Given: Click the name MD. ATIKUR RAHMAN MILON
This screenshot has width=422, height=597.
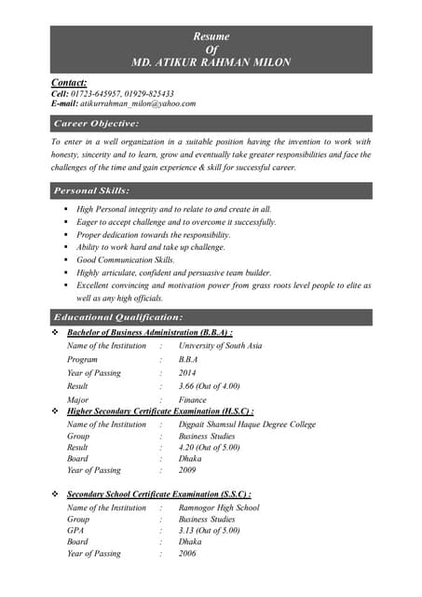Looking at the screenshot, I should [211, 62].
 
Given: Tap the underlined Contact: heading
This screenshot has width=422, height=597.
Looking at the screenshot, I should [69, 83].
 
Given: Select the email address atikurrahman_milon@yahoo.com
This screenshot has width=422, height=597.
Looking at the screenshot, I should [137, 104].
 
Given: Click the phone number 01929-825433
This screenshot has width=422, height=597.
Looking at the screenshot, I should [148, 93].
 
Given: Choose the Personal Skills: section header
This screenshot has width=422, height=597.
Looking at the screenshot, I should [92, 190].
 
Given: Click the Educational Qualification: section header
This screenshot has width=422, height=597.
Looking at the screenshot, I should [113, 318].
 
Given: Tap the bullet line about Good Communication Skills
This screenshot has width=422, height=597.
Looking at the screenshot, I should [126, 259].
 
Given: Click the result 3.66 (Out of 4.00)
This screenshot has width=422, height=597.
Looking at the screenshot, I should [209, 385].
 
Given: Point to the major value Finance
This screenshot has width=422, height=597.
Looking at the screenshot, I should [193, 399].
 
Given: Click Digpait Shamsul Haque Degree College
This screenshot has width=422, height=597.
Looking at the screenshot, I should [247, 424].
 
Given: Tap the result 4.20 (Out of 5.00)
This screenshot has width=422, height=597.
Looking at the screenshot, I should [209, 448].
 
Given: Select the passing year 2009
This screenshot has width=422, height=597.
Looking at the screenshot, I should [188, 471].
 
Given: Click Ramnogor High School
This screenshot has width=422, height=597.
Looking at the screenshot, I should [218, 508].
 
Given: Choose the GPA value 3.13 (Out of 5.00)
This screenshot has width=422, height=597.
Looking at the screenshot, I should [209, 531].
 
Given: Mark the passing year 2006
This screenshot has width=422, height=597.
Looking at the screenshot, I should [188, 554].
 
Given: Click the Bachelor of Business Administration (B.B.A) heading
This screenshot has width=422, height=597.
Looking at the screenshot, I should [149, 332].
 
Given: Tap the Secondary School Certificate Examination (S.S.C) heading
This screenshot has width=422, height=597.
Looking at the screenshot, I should [158, 494].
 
